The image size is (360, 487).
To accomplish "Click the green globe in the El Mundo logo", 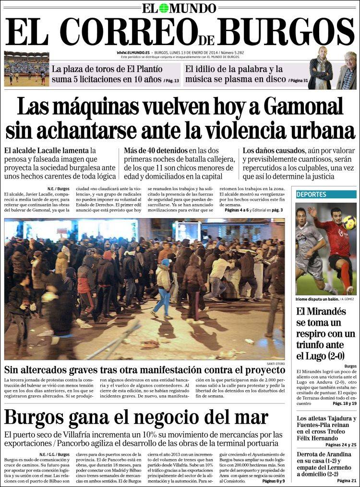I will [164, 8].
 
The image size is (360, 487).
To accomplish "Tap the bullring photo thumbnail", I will [26, 69].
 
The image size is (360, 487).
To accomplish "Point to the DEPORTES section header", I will [312, 195].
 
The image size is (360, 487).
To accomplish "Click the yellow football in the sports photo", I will [349, 222].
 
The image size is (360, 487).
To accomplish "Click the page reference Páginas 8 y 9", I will [274, 481].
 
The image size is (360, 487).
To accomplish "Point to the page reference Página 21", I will [347, 481].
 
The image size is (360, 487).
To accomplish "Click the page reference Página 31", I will [298, 80].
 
